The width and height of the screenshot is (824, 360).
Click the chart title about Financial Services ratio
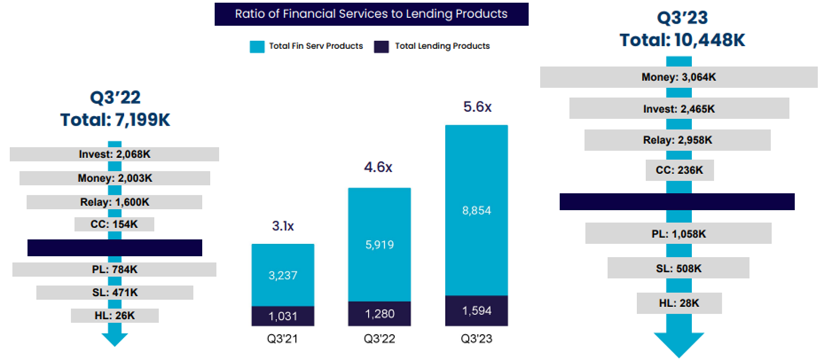point(371,14)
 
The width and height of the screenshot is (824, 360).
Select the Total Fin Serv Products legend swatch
point(257,47)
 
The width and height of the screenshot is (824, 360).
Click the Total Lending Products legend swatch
point(381,47)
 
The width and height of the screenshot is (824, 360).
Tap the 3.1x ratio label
point(283,226)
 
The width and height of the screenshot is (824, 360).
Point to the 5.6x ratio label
point(477,107)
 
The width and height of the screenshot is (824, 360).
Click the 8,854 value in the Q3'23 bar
point(476,210)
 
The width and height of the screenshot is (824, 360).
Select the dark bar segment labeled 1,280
point(379,314)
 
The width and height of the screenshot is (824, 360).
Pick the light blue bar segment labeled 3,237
point(283,275)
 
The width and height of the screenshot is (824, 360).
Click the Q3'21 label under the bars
point(283,339)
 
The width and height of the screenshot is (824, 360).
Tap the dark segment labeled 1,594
point(476,311)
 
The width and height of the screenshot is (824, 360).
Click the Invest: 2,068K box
point(114,154)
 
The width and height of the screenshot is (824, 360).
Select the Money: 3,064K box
point(679,77)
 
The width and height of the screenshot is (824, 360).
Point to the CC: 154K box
point(114,224)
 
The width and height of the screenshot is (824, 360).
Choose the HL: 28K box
point(679,303)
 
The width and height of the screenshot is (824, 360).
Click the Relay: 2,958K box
point(677,140)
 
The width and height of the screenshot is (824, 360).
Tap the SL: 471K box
point(114,293)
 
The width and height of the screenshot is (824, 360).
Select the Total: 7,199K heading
point(115,120)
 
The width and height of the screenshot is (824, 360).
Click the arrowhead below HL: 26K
point(114,339)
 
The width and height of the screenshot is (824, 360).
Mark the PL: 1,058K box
point(678,234)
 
